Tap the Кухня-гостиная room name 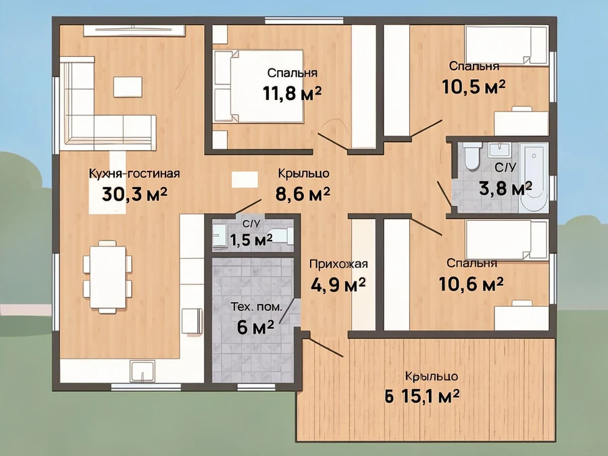(x=134, y=173)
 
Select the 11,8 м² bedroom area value (x=292, y=93)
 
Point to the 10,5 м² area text (x=474, y=86)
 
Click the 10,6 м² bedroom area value (x=471, y=284)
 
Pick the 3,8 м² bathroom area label (x=505, y=189)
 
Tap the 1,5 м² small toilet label (x=251, y=240)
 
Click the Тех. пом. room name (x=256, y=307)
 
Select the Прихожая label (x=338, y=264)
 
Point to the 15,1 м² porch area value (x=430, y=397)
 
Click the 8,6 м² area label (x=303, y=193)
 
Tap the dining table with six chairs (x=107, y=277)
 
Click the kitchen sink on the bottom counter (x=143, y=371)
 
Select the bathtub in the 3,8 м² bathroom (x=534, y=177)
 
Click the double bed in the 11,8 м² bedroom (x=259, y=86)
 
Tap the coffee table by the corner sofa (x=128, y=87)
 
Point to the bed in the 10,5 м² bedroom (x=507, y=45)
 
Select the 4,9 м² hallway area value (x=338, y=285)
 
